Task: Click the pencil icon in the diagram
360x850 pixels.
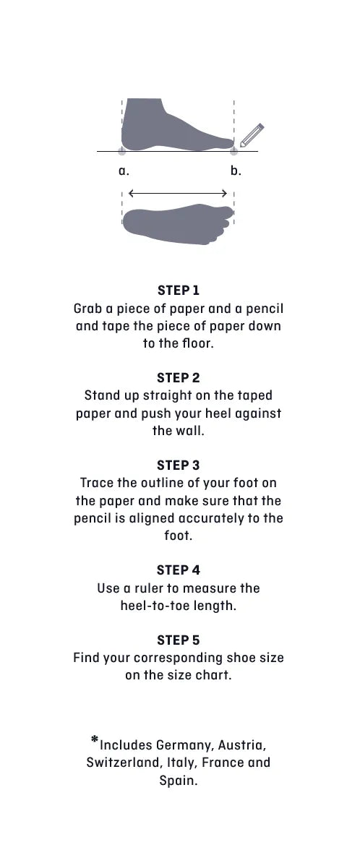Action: coord(252,136)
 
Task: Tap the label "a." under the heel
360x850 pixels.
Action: coord(124,171)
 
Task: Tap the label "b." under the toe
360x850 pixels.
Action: coord(236,171)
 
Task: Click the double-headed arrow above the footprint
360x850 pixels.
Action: coord(178,193)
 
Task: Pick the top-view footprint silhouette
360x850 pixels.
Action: coord(178,224)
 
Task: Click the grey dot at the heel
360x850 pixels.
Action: coord(122,150)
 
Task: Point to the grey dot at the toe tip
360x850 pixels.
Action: coord(233,150)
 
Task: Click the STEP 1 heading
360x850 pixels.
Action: coord(179,290)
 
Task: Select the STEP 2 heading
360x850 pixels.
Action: coord(179,378)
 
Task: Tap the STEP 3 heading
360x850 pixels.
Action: coord(179,465)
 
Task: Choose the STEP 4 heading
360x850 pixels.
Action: coord(179,570)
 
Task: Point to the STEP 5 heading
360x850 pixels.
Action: coord(179,640)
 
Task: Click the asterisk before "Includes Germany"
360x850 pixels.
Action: coord(95,739)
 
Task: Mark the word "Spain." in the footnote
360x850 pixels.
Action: coord(179,781)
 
